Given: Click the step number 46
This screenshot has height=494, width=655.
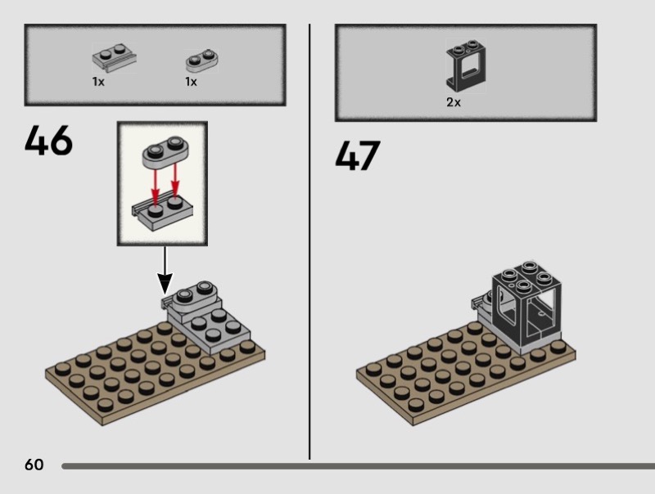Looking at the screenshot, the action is tap(48, 140).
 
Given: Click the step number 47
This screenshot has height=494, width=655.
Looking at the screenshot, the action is tap(358, 155).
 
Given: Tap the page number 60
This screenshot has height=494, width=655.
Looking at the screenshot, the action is tap(34, 465).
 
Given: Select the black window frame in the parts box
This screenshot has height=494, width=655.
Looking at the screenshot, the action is tap(466, 66).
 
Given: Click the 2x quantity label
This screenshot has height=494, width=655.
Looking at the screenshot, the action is tap(454, 102).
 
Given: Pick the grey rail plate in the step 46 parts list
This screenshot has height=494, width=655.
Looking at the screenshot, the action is tap(114, 57).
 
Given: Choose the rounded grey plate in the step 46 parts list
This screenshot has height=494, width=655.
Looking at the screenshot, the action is tap(201, 61).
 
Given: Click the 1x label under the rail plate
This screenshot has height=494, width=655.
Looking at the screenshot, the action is tap(98, 82).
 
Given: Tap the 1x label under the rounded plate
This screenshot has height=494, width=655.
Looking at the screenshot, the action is tap(191, 82).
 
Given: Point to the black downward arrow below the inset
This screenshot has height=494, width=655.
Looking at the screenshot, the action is tap(165, 271).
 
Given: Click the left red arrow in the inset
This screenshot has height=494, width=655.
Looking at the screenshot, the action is tap(156, 185).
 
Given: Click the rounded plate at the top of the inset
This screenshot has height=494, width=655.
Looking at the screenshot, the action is tap(165, 152).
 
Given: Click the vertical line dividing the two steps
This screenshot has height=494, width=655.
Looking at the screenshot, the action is tap(309, 242).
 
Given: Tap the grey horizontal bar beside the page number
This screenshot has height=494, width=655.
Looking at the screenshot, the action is tap(358, 466).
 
